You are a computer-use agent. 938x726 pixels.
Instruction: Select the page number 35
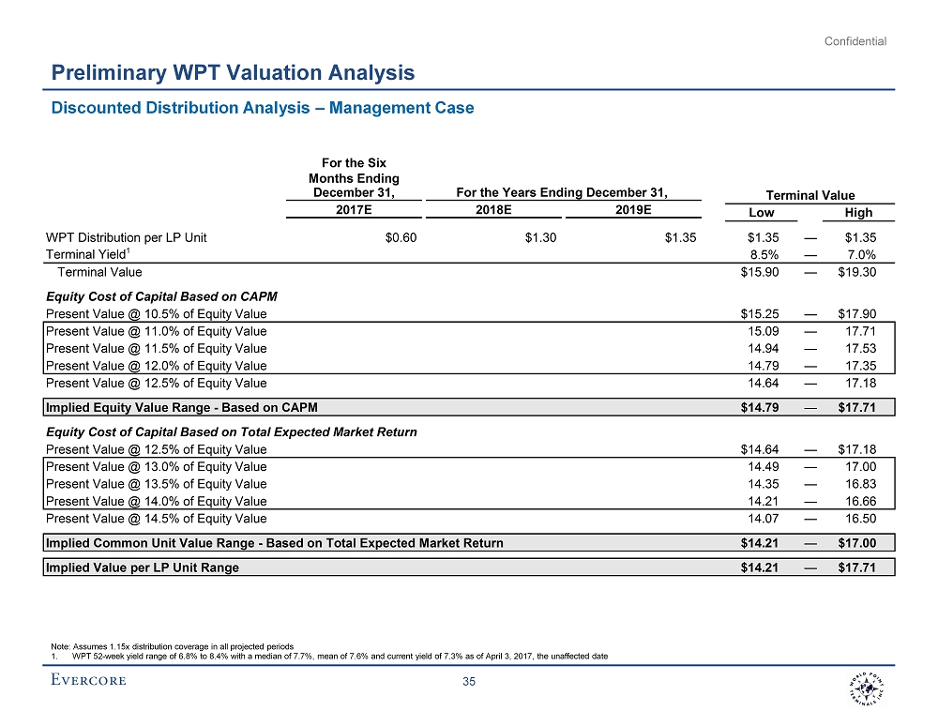click(x=470, y=682)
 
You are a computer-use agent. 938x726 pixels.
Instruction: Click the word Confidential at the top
click(x=855, y=41)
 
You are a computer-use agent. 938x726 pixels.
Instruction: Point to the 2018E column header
click(x=493, y=210)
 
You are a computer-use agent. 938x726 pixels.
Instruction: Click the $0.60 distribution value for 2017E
click(x=401, y=237)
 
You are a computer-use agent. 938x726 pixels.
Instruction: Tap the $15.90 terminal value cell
click(x=760, y=272)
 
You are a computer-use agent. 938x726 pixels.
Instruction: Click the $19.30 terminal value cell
click(x=857, y=272)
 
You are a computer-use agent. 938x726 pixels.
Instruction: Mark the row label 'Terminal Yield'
click(x=84, y=254)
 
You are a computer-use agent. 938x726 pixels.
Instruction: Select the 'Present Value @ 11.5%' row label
click(x=156, y=348)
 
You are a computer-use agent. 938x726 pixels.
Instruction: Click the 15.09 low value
click(x=764, y=331)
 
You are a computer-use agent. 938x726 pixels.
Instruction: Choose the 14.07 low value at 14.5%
click(x=764, y=518)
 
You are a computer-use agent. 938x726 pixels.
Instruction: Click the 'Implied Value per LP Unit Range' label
click(x=143, y=567)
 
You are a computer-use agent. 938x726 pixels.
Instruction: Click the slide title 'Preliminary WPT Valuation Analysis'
click(x=233, y=72)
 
